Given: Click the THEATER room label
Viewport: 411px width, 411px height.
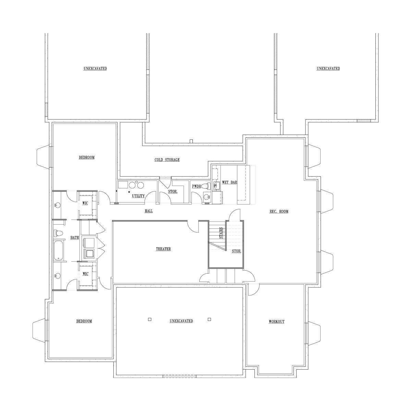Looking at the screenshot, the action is pos(163,249).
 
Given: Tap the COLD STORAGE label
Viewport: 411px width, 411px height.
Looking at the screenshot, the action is pos(167,160).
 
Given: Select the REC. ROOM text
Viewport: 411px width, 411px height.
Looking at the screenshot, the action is pos(279,211).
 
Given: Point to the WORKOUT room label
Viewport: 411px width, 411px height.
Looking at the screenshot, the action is pos(276,321).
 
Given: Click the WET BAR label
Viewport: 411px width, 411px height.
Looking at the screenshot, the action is pos(229,182).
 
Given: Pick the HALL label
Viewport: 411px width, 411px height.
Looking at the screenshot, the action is pos(149,211).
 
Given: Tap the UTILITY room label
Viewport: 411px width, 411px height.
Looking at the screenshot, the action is pos(138,196).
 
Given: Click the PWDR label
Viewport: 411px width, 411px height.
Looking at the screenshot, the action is pos(197,186).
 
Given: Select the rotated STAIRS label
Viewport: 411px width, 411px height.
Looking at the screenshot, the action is pos(221,233).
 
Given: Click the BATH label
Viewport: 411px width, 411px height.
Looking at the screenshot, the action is pos(75,238).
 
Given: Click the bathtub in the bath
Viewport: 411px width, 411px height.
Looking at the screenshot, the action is pos(59,251).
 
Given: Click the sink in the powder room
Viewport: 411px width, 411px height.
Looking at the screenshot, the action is pos(206,197).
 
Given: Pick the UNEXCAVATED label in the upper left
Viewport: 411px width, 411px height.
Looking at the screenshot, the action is pos(95,68).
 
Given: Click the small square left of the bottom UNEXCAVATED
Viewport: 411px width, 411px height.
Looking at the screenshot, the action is pos(150,319).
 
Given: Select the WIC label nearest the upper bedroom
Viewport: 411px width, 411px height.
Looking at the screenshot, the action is pos(85,203).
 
